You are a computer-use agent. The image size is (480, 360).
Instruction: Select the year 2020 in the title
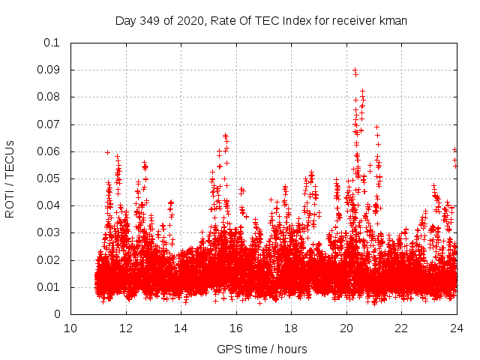[x=187, y=21]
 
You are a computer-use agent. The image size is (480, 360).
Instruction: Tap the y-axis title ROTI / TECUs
[x=10, y=178]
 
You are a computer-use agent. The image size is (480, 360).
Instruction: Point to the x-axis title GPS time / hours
[x=262, y=349]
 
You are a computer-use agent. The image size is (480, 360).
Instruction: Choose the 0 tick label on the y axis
[x=57, y=315]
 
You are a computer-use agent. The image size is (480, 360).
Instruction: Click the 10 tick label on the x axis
[x=70, y=328]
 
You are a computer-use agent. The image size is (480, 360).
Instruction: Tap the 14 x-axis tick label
[x=181, y=328]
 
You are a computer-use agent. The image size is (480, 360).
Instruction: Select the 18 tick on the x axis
[x=291, y=328]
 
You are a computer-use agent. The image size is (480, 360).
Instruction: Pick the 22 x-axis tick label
[x=401, y=328]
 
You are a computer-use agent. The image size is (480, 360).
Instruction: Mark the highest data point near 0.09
[x=355, y=70]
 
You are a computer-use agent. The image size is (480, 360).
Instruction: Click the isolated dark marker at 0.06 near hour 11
[x=107, y=152]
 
